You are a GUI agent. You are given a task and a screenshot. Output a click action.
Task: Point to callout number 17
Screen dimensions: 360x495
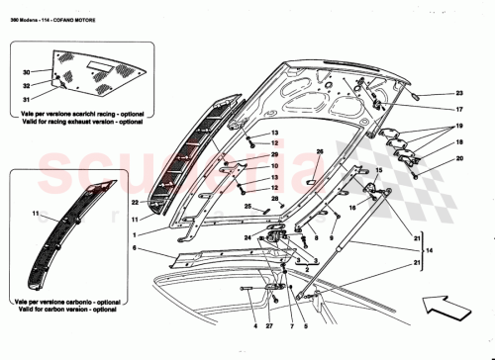(458, 109)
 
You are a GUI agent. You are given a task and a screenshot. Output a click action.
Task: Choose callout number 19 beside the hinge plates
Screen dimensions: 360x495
(458, 128)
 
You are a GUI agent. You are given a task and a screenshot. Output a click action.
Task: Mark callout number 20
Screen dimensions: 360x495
(458, 158)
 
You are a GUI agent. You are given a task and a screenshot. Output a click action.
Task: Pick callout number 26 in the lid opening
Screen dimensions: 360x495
(320, 151)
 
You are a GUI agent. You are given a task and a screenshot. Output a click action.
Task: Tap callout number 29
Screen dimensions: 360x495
(276, 155)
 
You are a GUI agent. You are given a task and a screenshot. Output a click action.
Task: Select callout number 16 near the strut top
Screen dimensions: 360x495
(352, 209)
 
